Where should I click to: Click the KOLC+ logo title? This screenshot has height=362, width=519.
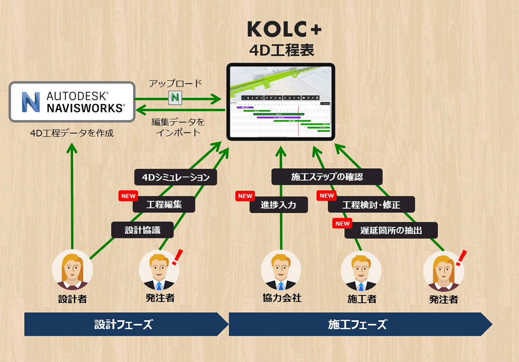pyautogui.click(x=284, y=29)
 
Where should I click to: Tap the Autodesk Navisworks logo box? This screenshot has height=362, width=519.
pyautogui.click(x=72, y=101)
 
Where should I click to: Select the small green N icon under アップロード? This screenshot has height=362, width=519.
pyautogui.click(x=175, y=98)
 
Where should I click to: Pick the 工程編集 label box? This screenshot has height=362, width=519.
pyautogui.click(x=164, y=204)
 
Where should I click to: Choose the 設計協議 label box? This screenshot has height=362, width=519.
pyautogui.click(x=143, y=230)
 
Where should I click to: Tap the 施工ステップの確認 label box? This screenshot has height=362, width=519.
pyautogui.click(x=327, y=176)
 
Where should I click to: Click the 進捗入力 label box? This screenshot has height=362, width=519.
pyautogui.click(x=279, y=205)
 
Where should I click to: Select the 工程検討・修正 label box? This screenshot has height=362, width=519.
pyautogui.click(x=371, y=205)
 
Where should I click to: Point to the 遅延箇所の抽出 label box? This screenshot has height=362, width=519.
pyautogui.click(x=391, y=231)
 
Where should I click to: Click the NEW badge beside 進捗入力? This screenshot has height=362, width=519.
pyautogui.click(x=245, y=196)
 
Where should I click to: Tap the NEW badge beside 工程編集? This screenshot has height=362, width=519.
pyautogui.click(x=128, y=195)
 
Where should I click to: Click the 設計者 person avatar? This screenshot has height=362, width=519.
pyautogui.click(x=72, y=271)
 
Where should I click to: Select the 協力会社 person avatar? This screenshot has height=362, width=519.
pyautogui.click(x=282, y=271)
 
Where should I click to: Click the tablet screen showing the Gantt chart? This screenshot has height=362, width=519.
pyautogui.click(x=281, y=102)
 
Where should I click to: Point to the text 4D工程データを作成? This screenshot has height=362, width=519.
pyautogui.click(x=72, y=133)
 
